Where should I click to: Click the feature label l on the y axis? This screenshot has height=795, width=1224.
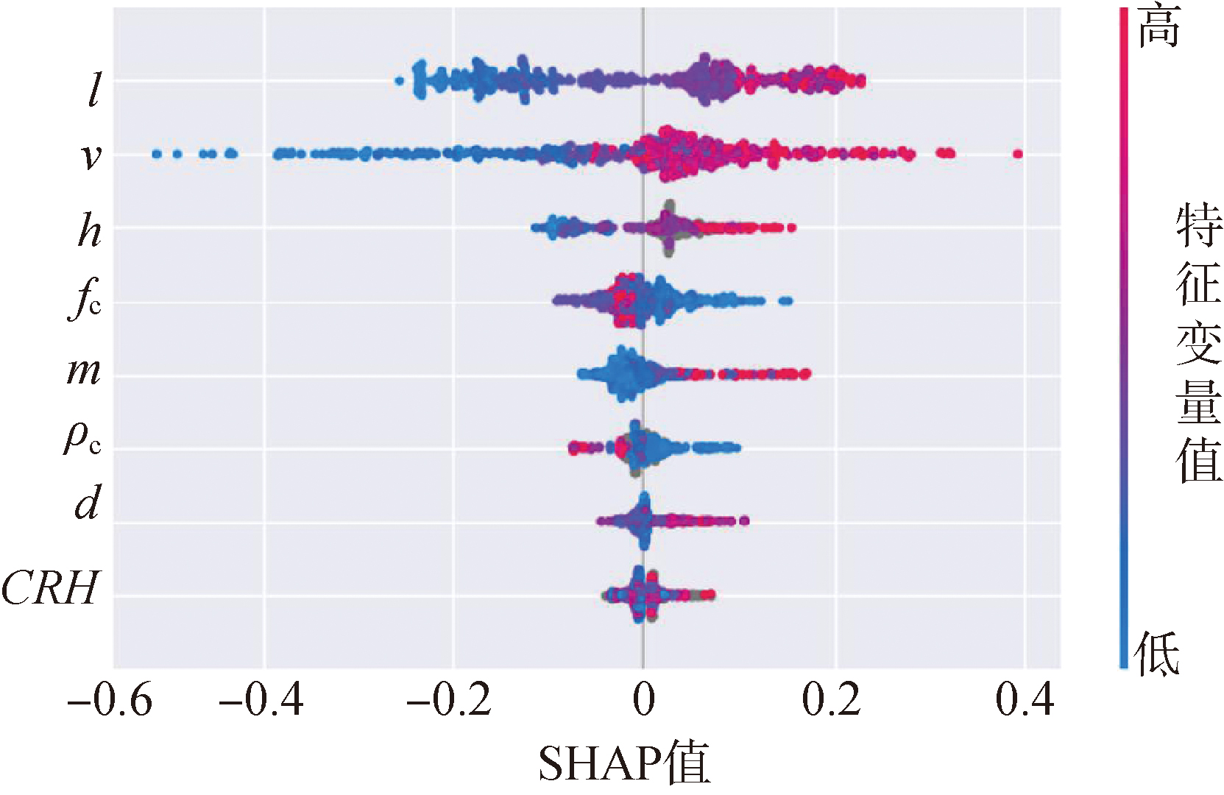pos(93,91)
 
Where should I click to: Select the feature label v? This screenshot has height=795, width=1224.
pos(91,156)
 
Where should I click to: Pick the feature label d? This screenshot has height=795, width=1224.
pos(88,504)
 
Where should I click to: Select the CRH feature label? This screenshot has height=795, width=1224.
pos(50,589)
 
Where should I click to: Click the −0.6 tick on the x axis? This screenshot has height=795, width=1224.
pos(110,700)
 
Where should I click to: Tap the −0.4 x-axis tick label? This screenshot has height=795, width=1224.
pos(262,700)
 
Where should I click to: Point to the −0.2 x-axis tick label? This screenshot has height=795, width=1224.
pos(449,700)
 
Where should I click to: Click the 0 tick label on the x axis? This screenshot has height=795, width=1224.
pos(644,700)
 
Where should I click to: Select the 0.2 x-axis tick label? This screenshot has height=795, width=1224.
pos(832,700)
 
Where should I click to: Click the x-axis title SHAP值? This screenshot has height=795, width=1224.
pos(624,763)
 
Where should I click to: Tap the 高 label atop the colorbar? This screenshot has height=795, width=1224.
pos(1159,28)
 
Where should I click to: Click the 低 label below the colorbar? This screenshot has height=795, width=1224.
pos(1157,654)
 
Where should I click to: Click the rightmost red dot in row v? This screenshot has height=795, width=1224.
pos(1018,154)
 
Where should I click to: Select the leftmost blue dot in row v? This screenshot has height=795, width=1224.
pos(156,154)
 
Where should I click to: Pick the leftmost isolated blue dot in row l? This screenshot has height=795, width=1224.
pos(399,81)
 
